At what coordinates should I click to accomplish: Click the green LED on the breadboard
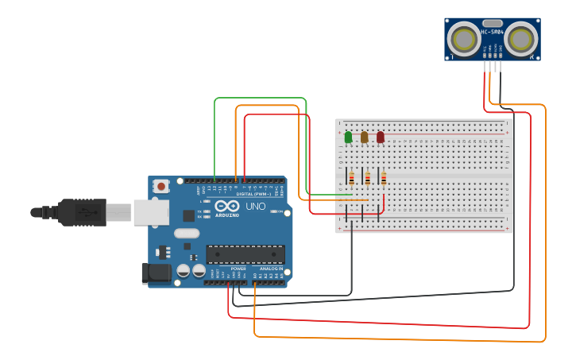click(x=348, y=137)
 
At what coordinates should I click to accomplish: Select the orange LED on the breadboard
click(x=364, y=137)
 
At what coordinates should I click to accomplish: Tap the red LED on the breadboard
click(x=380, y=137)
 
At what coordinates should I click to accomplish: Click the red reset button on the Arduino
click(x=161, y=187)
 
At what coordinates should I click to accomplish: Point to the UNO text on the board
click(x=255, y=206)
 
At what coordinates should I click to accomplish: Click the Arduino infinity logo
click(x=226, y=206)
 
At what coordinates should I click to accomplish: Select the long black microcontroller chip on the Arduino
click(x=245, y=254)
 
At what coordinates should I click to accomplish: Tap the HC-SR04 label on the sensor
click(x=492, y=33)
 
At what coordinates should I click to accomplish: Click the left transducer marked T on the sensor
click(x=462, y=38)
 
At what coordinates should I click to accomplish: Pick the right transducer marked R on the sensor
click(x=521, y=38)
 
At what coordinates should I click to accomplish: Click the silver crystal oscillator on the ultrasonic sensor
click(x=492, y=23)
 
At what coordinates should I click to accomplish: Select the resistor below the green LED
click(x=351, y=178)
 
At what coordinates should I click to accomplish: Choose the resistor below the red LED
click(x=384, y=178)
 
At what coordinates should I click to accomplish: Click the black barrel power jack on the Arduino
click(x=157, y=273)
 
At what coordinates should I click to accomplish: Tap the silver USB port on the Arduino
click(x=151, y=211)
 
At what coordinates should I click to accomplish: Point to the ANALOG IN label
click(x=271, y=269)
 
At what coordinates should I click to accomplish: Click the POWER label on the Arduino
click(x=238, y=269)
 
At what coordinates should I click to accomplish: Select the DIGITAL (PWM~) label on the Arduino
click(x=254, y=194)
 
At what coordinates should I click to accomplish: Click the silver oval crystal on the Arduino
click(x=186, y=234)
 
